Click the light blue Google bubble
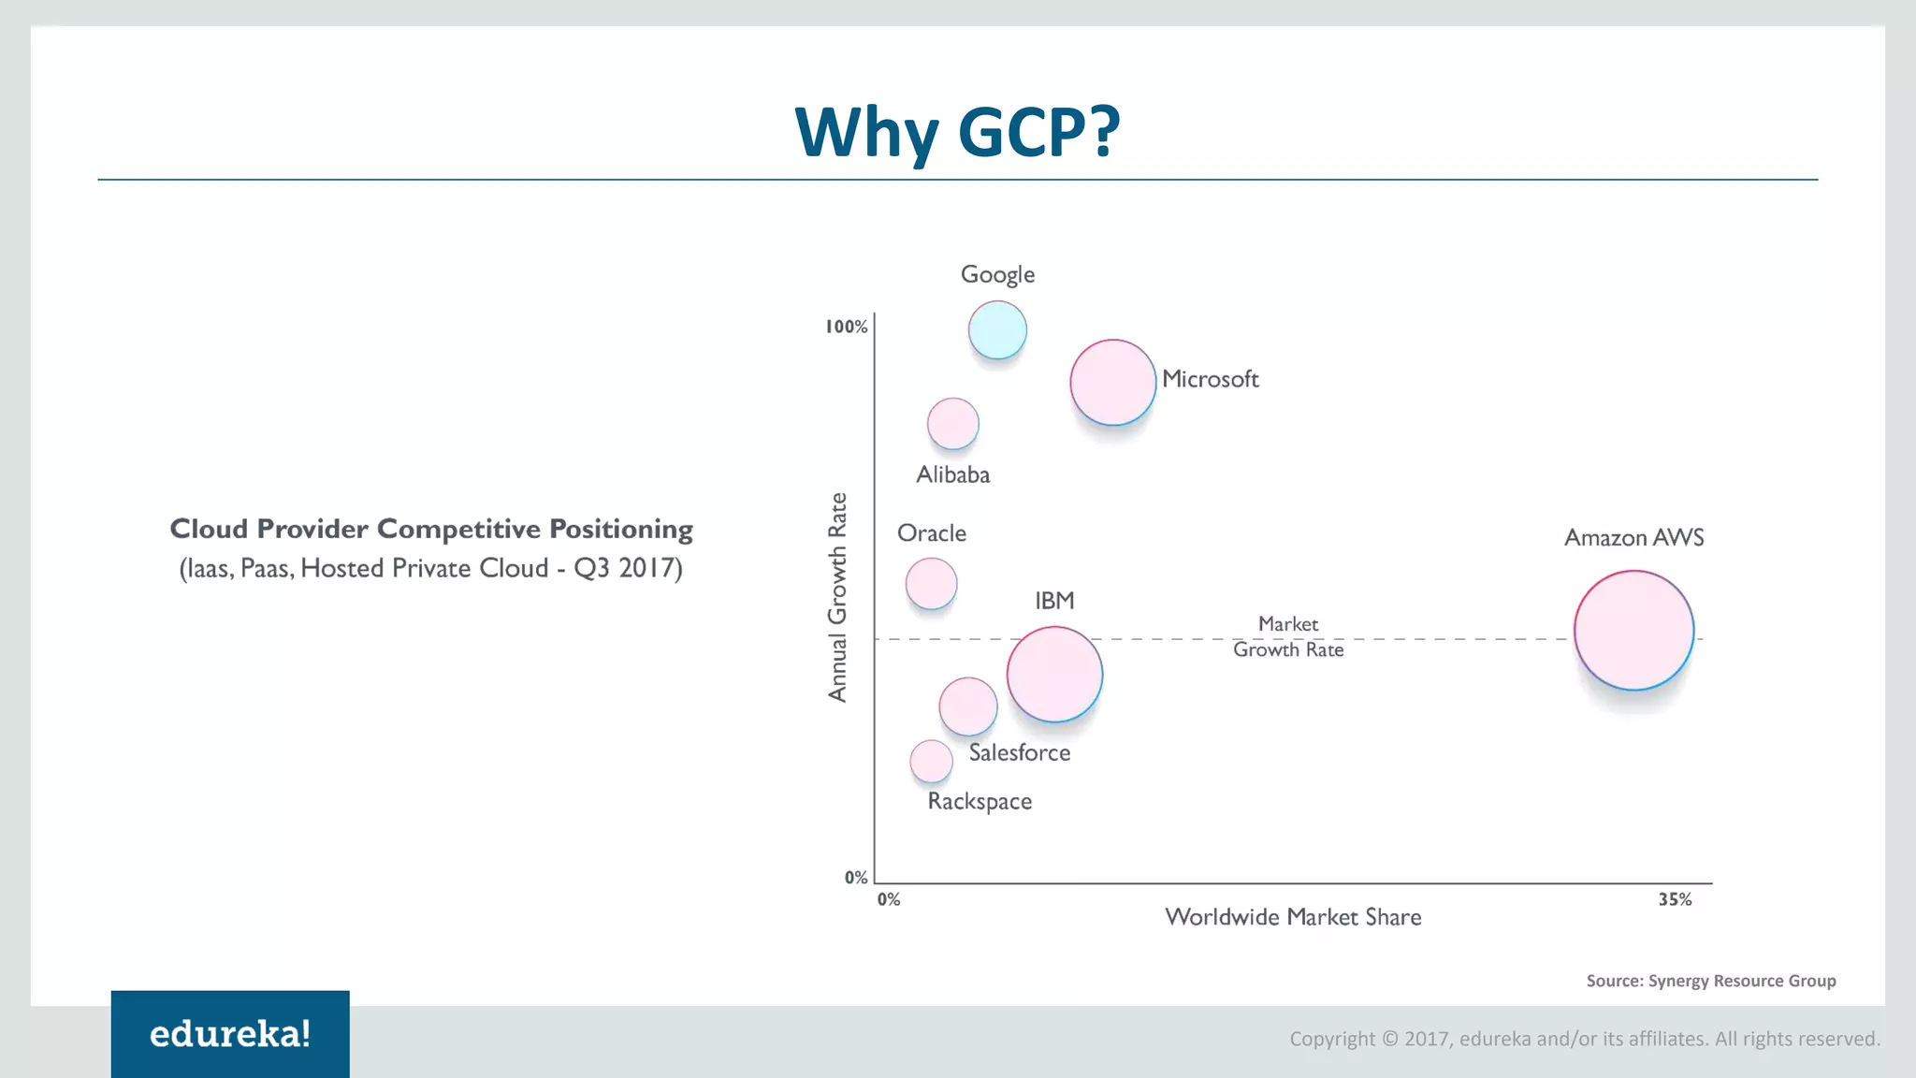click(x=997, y=330)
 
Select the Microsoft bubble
click(x=1113, y=382)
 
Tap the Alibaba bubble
click(x=952, y=423)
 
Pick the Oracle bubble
click(x=931, y=583)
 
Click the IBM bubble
click(x=1054, y=674)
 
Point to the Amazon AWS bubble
click(x=1633, y=631)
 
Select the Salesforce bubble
click(x=967, y=707)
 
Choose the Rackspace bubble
click(x=931, y=761)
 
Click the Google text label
click(x=997, y=275)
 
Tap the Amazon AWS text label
click(x=1633, y=538)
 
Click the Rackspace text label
click(x=980, y=802)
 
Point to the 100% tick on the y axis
click(x=846, y=327)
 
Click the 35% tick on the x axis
click(x=1675, y=899)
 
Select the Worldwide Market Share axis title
click(x=1293, y=917)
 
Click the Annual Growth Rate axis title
click(x=837, y=597)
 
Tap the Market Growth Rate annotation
click(x=1288, y=636)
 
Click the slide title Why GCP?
click(x=957, y=131)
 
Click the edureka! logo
click(x=230, y=1034)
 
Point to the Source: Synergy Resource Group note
click(x=1710, y=981)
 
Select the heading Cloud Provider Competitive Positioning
click(x=431, y=529)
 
